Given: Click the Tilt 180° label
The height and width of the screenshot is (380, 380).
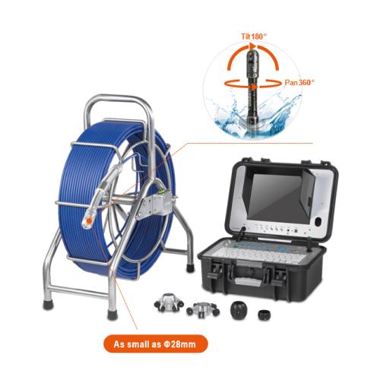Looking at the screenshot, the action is tap(254, 36).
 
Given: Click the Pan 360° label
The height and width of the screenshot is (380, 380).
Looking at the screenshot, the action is tap(299, 82).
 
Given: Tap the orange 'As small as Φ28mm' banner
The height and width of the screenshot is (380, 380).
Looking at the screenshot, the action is tap(156, 344).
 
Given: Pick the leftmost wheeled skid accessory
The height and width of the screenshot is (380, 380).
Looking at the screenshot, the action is tap(168, 302).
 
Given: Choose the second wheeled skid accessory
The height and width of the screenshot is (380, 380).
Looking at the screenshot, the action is tap(203, 309).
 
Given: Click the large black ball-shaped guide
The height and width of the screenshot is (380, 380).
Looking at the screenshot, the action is tap(238, 309).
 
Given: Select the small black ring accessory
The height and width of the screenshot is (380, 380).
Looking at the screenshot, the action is tap(264, 315).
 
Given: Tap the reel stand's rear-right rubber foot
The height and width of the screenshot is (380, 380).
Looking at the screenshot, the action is tap(190, 268).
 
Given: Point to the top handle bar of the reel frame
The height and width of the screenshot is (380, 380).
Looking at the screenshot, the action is tap(118, 97).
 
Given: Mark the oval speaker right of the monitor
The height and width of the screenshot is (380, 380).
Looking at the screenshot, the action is tap(318, 222).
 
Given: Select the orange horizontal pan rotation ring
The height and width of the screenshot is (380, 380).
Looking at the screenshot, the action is tap(252, 83).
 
